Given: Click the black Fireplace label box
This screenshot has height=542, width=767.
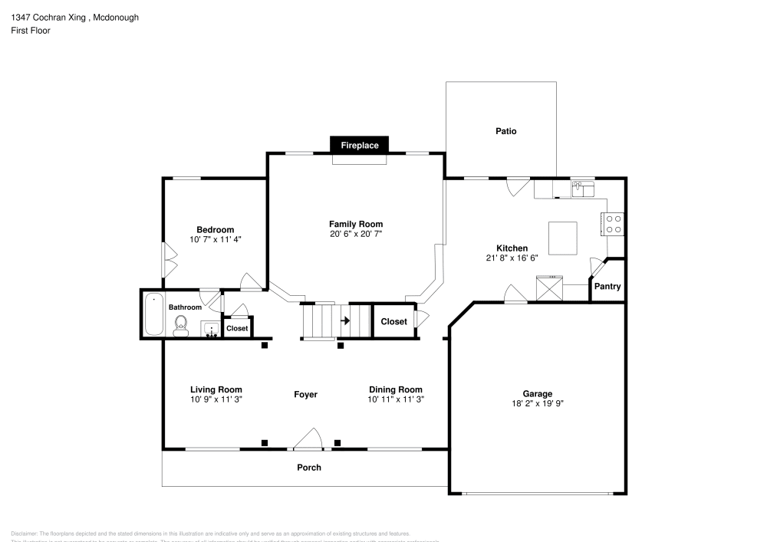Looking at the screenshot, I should click(360, 145).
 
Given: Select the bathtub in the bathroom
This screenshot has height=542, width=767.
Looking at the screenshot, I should click(153, 314).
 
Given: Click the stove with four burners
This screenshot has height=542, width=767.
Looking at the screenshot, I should click(614, 223).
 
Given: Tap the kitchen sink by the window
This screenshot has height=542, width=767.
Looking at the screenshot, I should click(583, 189).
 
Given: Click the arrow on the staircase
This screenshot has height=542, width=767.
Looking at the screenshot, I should click(345, 320).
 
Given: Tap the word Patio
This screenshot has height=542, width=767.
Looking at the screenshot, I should click(505, 131).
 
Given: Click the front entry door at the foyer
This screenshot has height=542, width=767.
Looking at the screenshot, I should click(308, 440).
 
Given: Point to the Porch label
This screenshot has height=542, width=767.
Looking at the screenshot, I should click(309, 468).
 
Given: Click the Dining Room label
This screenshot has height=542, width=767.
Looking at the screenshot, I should click(396, 389).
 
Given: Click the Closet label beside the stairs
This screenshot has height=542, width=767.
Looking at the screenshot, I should click(393, 322).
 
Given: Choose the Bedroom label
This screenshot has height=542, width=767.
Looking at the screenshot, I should click(215, 230).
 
